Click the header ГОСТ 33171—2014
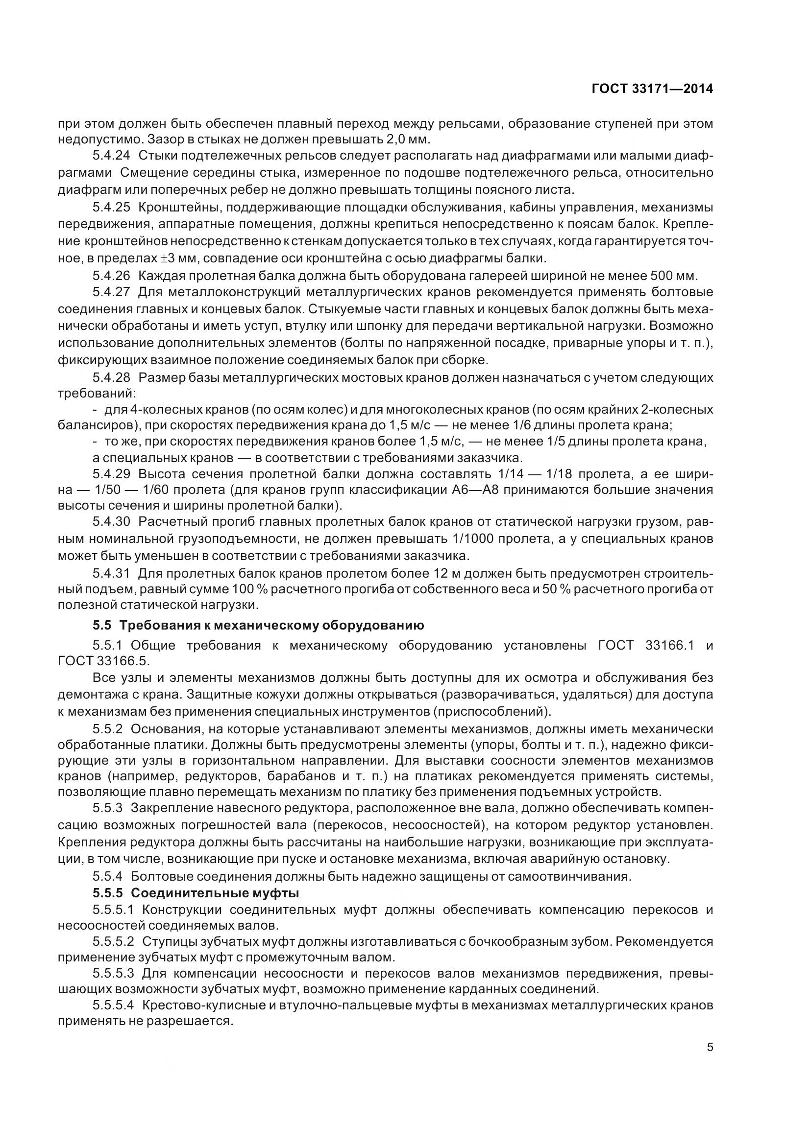click(x=652, y=89)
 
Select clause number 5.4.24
click(x=111, y=156)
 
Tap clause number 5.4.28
click(x=111, y=377)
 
